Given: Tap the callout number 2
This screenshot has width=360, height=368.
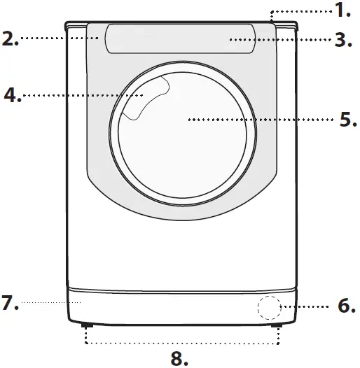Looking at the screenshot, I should pyautogui.click(x=11, y=38).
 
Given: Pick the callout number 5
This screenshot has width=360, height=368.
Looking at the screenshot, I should pyautogui.click(x=347, y=118).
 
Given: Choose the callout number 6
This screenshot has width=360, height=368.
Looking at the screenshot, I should pyautogui.click(x=346, y=306).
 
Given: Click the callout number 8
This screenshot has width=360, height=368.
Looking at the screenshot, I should pyautogui.click(x=180, y=358).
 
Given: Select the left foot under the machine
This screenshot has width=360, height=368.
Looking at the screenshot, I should pyautogui.click(x=86, y=325).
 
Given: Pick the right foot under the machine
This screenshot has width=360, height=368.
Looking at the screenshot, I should pyautogui.click(x=279, y=325).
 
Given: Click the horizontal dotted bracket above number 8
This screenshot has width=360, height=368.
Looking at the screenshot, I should pyautogui.click(x=182, y=343).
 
